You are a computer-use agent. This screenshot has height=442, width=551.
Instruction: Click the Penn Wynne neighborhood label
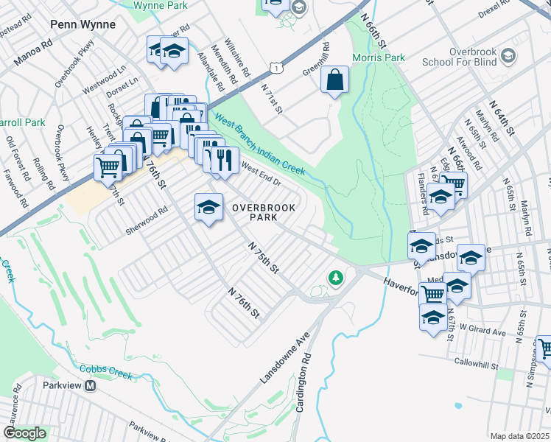83,24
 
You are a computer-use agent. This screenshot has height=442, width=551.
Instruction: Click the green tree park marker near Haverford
336,278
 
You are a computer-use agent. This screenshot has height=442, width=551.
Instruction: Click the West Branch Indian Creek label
259,142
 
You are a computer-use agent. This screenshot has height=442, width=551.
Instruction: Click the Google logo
24,433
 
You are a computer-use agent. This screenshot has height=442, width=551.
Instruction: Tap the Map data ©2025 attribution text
520,436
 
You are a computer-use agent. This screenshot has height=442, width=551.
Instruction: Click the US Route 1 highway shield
274,68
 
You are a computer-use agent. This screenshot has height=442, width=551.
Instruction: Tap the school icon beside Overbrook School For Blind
508,56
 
